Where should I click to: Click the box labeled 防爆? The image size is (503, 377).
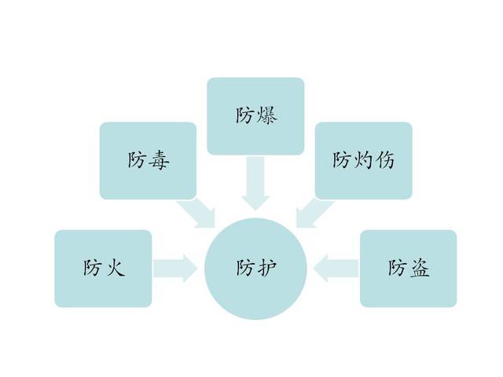[255, 116]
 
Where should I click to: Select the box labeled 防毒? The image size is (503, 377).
[148, 160]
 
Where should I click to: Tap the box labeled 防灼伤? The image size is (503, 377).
[363, 160]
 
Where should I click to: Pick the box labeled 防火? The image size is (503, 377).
[103, 269]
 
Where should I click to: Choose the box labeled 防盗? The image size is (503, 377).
[408, 269]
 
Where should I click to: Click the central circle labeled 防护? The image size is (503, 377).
[255, 269]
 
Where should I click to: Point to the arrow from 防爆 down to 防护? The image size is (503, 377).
[255, 183]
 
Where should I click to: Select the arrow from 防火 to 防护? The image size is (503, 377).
[175, 269]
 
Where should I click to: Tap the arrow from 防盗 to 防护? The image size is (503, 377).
[336, 269]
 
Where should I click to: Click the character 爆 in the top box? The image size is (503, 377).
[267, 115]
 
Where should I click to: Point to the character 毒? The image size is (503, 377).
[159, 159]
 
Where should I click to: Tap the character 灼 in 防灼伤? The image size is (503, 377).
[363, 159]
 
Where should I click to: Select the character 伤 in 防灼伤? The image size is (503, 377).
[384, 159]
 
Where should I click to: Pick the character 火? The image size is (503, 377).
[114, 268]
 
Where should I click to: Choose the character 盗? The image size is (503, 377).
[419, 268]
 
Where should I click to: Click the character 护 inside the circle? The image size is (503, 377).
[266, 268]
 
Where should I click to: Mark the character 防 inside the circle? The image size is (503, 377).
[245, 268]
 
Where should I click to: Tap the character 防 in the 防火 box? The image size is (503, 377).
[93, 268]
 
